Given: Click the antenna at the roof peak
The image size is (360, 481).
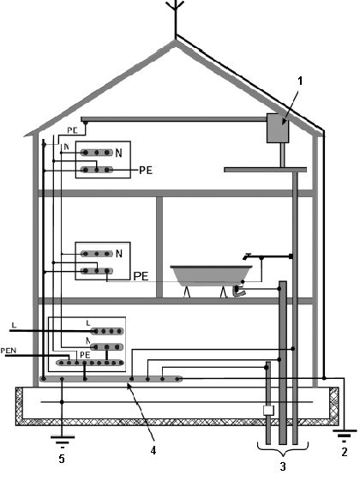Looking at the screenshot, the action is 176,18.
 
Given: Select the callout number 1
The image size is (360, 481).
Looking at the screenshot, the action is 300,81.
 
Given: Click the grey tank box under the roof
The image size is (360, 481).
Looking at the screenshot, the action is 278,128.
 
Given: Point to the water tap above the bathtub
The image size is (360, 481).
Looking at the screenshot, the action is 247,256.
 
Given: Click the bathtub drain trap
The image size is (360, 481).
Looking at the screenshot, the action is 238,292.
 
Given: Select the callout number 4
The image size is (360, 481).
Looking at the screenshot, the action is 153,450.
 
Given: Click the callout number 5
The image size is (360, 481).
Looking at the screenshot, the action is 62,459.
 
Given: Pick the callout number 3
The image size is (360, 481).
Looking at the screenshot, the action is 283,466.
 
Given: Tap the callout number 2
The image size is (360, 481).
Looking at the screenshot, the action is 345,452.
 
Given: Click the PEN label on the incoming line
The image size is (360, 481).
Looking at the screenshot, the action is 9,351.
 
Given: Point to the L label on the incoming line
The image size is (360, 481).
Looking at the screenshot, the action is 13,325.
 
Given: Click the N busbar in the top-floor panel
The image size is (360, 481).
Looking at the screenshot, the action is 96,153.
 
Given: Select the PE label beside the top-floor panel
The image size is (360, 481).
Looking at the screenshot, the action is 146,171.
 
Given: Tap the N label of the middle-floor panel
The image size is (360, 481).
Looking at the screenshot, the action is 118,254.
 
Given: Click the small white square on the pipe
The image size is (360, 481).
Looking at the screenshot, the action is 268,410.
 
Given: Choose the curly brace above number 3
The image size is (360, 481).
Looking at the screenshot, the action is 282,448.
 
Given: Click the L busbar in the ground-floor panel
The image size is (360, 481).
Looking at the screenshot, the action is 107,331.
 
